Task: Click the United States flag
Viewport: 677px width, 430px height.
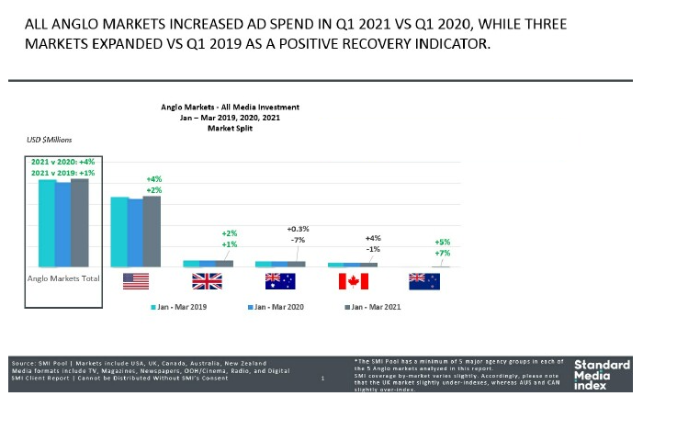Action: pyautogui.click(x=135, y=281)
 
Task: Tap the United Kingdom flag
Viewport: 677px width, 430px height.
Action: pyautogui.click(x=207, y=281)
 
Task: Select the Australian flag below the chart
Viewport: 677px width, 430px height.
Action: pyautogui.click(x=280, y=281)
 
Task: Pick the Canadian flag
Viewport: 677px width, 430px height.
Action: pyautogui.click(x=353, y=281)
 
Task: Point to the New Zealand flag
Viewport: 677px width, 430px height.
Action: pyautogui.click(x=424, y=281)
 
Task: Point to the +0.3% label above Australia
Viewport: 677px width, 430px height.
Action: pyautogui.click(x=299, y=229)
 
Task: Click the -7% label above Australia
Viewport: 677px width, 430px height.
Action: pyautogui.click(x=297, y=240)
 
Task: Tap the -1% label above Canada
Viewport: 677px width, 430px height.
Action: pyautogui.click(x=373, y=249)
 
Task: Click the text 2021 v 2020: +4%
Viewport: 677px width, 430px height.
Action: pyautogui.click(x=62, y=162)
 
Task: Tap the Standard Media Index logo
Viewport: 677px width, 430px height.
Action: pyautogui.click(x=602, y=375)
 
